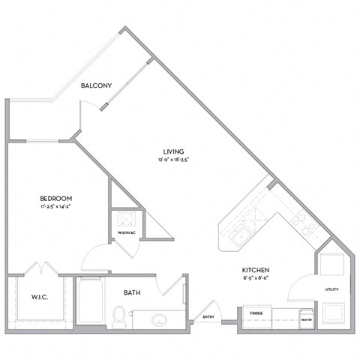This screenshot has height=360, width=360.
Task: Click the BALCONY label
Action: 97,86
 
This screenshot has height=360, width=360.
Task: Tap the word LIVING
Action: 173,151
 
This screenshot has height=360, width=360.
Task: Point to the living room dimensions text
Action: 173,160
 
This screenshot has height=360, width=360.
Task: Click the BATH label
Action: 132,293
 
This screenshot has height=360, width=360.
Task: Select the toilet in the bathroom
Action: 118,317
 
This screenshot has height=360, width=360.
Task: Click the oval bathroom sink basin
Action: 159,321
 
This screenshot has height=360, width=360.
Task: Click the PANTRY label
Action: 306,319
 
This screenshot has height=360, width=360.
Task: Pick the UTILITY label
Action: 331,289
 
